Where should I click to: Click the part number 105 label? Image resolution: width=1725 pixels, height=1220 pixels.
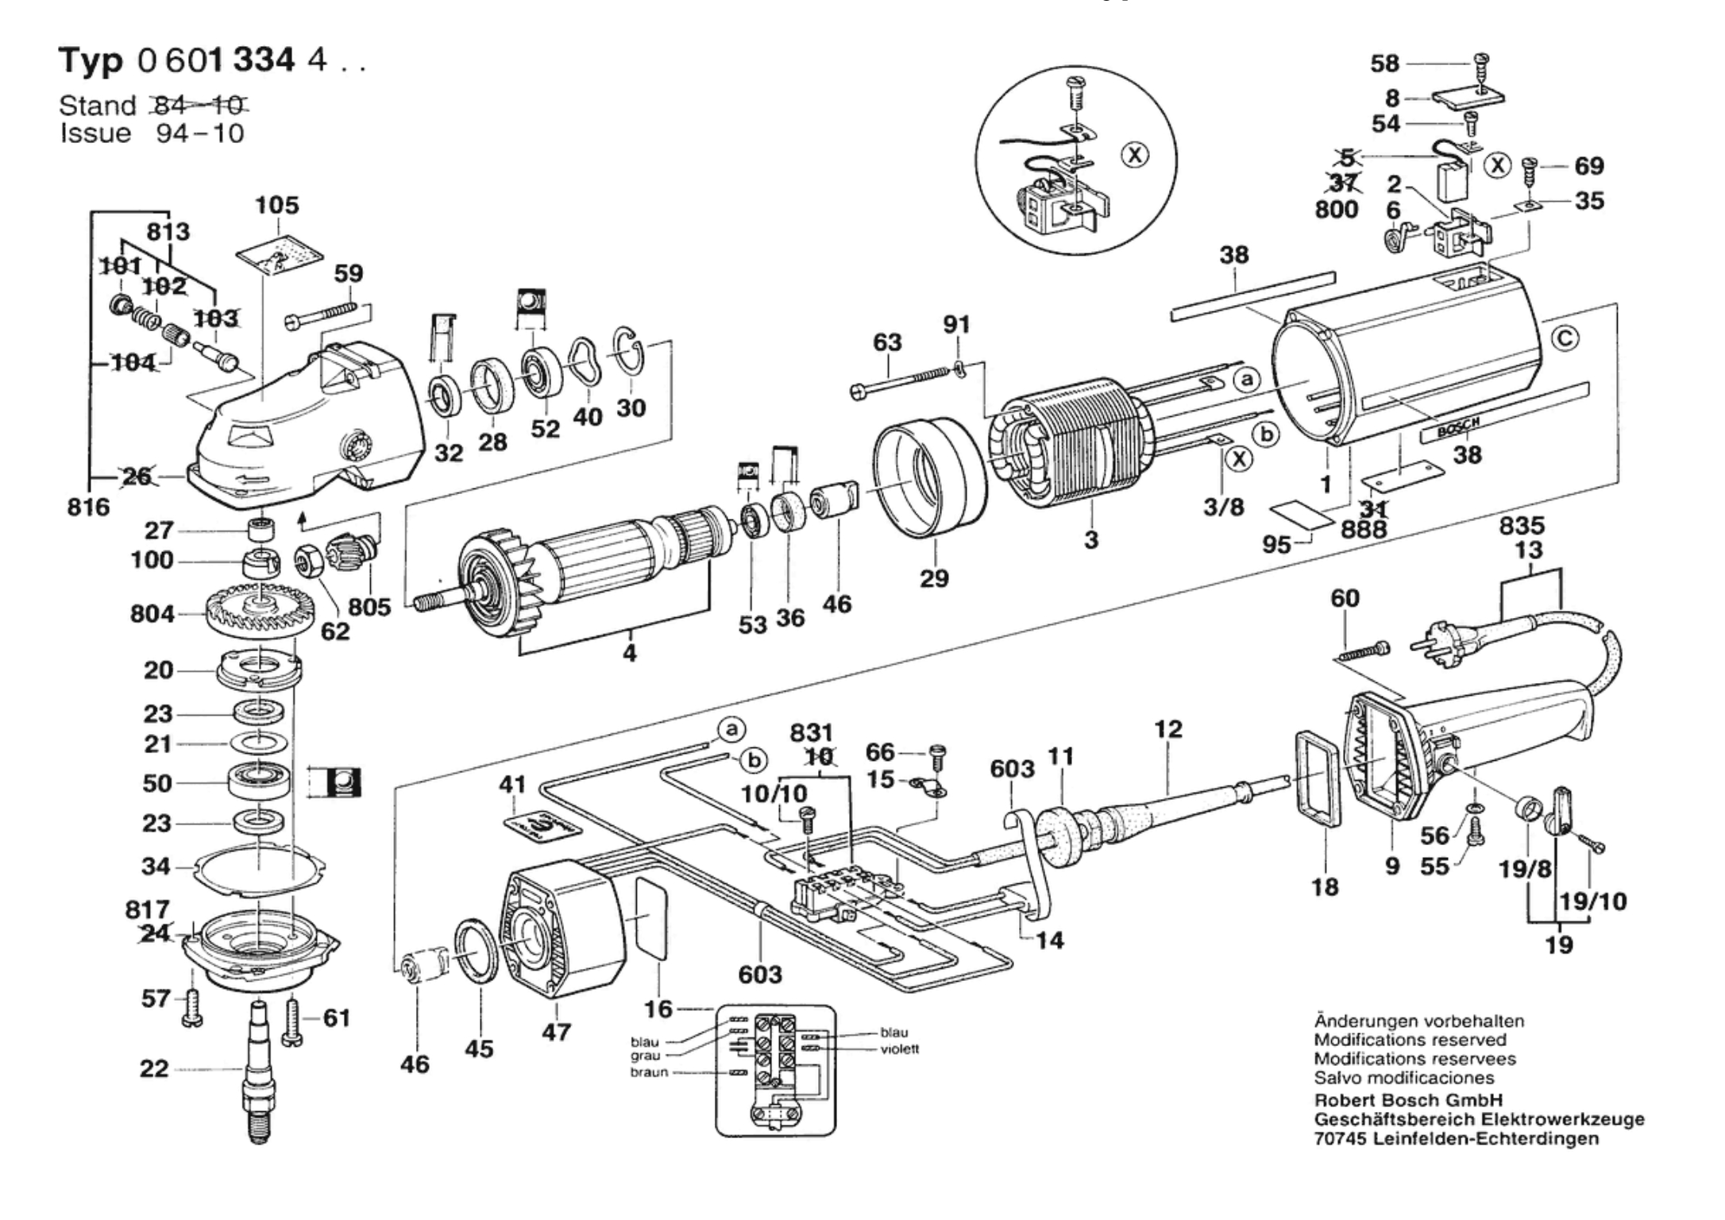276,205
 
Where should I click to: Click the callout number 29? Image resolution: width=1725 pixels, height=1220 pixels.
934,577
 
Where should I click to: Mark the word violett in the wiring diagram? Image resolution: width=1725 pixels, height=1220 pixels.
900,1049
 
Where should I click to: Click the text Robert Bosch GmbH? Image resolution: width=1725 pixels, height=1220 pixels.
1408,1100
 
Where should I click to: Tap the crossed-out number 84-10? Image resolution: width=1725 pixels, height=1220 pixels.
199,105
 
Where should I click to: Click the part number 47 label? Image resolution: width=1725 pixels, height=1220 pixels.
556,1032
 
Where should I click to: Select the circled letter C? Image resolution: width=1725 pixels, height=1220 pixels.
1565,339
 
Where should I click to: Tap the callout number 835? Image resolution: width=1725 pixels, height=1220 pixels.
1522,525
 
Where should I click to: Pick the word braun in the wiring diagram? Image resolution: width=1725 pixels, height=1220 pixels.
649,1072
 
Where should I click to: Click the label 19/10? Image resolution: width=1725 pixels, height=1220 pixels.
1593,901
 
